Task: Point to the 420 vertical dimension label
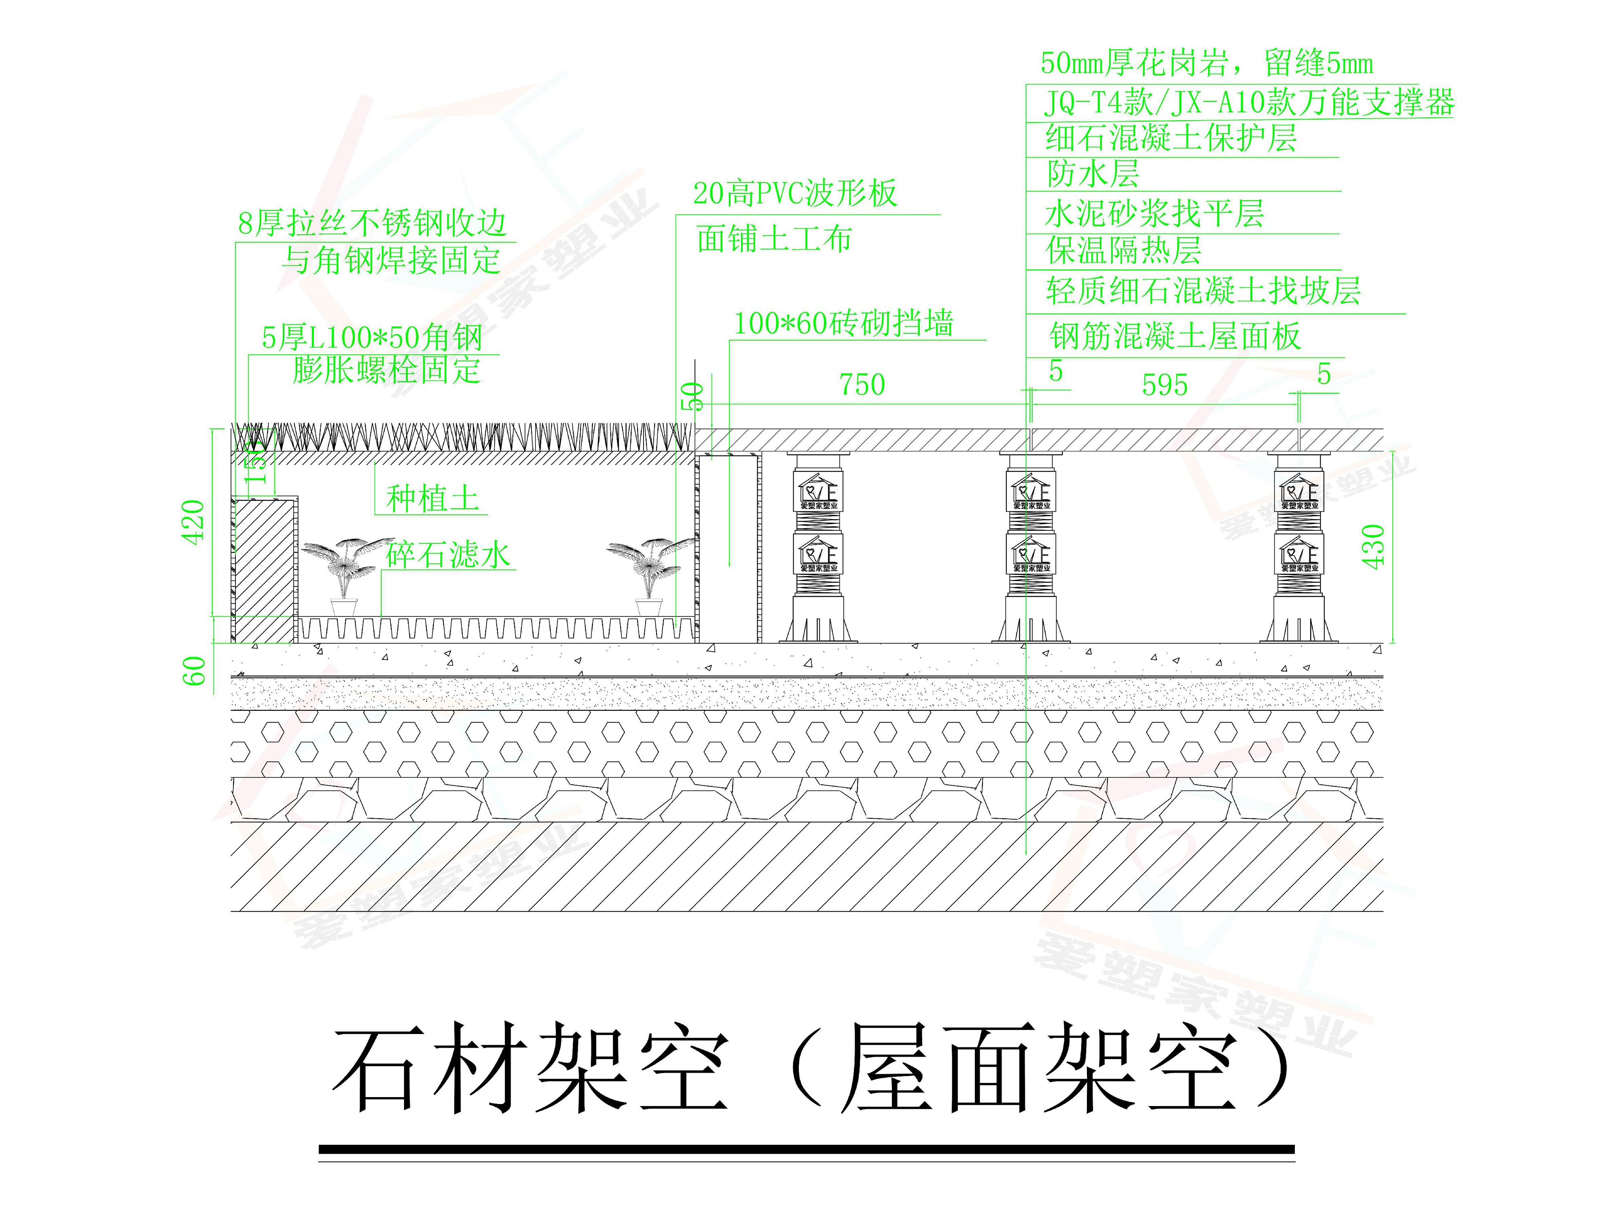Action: pyautogui.click(x=193, y=522)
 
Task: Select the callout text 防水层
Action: pyautogui.click(x=1093, y=174)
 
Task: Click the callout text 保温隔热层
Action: pyautogui.click(x=1124, y=251)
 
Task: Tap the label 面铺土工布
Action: pyautogui.click(x=774, y=239)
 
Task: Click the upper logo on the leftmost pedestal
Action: pyautogui.click(x=819, y=490)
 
